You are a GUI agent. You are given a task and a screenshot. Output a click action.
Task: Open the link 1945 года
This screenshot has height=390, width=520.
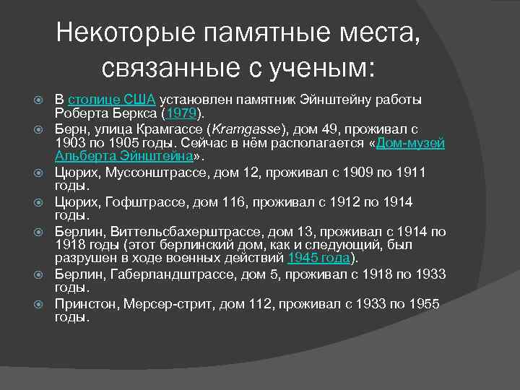[x=318, y=258]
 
